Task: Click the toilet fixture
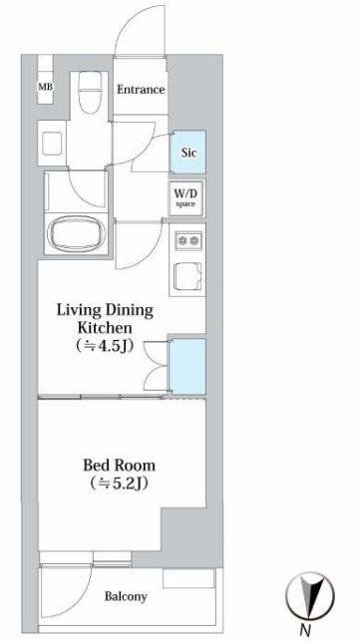click(90, 93)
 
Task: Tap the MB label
click(46, 87)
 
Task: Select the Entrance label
click(141, 90)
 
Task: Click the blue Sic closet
click(188, 153)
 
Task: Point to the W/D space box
click(185, 198)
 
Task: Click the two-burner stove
click(188, 240)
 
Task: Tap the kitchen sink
click(188, 276)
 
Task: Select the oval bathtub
click(77, 233)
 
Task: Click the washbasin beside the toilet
click(52, 144)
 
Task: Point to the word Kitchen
click(105, 328)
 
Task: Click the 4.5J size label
click(105, 347)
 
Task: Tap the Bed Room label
click(120, 466)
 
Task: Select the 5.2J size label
click(120, 483)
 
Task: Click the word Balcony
click(126, 596)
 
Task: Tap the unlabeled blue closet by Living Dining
click(187, 366)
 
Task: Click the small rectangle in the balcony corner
click(188, 578)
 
